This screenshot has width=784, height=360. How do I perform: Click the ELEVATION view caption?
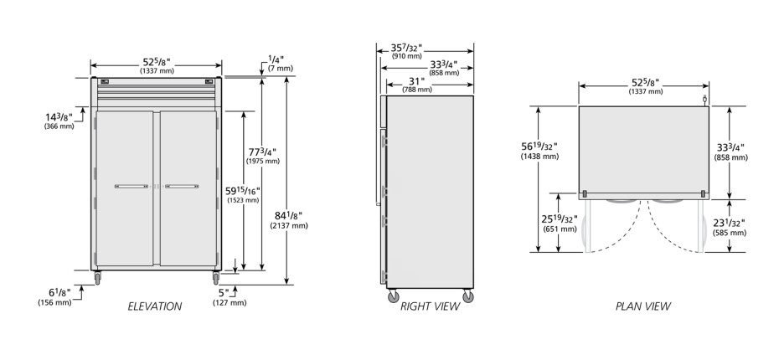tap(154, 306)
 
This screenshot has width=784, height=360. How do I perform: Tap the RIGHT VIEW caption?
tap(430, 306)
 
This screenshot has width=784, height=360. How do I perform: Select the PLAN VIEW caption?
tap(643, 306)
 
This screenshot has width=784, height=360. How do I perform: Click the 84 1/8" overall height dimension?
tap(289, 219)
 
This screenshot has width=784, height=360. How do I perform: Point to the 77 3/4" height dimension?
tap(262, 155)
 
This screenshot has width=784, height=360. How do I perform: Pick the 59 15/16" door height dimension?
tap(243, 194)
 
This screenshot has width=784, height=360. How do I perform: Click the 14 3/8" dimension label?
tap(59, 121)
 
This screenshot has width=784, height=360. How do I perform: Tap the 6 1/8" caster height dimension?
tap(54, 296)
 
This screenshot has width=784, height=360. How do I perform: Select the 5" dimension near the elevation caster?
tap(229, 296)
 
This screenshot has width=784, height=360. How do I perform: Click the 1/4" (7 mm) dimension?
tap(281, 63)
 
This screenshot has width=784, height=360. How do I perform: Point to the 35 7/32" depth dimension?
tap(406, 52)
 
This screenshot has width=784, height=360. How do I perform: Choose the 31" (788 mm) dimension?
tap(417, 85)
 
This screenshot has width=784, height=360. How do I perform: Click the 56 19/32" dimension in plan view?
tap(539, 151)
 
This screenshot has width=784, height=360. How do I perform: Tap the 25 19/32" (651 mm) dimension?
tap(560, 224)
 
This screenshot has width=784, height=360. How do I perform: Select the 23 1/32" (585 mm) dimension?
tap(730, 228)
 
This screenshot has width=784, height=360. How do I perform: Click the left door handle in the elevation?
tap(132, 186)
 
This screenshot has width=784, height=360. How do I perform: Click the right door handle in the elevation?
tap(182, 186)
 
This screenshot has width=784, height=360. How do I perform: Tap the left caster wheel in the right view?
tap(394, 296)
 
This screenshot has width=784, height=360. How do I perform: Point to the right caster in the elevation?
tap(216, 277)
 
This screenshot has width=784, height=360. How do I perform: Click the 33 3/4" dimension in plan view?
tap(730, 152)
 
